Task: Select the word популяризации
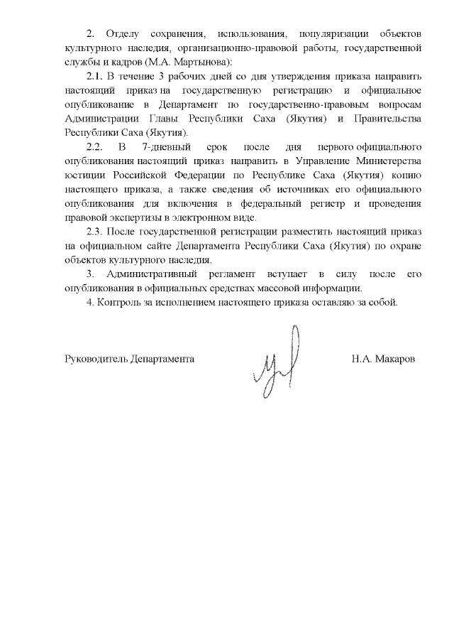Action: coord(333,34)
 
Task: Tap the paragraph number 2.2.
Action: coord(94,146)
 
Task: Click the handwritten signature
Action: coord(278,362)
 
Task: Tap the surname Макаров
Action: coord(401,359)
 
